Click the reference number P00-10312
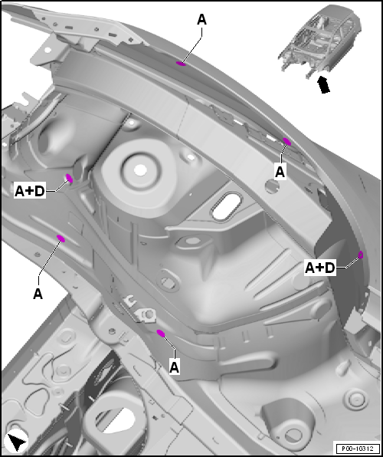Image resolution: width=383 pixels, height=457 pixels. (358, 449)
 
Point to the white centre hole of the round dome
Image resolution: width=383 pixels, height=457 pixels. (140, 170)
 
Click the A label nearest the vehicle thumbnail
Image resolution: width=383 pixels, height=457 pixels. (201, 20)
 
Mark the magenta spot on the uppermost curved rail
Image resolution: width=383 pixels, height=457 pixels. (181, 64)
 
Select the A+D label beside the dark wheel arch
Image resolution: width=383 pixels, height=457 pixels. (319, 268)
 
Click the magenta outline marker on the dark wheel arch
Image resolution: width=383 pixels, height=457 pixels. (361, 255)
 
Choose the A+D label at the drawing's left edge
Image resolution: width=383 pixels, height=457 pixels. (30, 191)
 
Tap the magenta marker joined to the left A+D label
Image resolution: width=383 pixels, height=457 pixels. (69, 178)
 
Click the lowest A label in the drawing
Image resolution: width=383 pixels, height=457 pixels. (174, 367)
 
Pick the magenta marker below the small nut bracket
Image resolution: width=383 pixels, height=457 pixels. (161, 333)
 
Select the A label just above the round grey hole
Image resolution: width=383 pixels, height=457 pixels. (280, 172)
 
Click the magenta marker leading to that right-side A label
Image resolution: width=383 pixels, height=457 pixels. (287, 142)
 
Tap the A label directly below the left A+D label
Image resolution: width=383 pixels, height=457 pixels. (38, 294)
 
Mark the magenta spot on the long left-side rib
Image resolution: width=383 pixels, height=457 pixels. (61, 238)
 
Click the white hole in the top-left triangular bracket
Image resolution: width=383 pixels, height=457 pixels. (47, 50)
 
